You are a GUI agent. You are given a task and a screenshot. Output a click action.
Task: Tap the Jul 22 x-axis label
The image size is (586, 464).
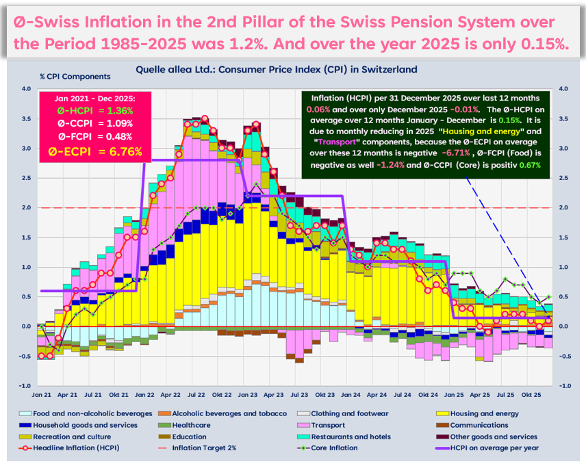(x=196, y=396)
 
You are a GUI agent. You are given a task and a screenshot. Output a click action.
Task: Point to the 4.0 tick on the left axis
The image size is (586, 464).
(x=25, y=89)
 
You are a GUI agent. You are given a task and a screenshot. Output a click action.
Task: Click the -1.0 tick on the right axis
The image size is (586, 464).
(x=565, y=386)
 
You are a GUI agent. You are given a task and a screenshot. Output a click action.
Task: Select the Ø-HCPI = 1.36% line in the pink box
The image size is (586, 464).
(x=96, y=109)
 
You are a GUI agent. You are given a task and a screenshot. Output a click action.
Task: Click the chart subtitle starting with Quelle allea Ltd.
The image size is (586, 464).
(x=277, y=70)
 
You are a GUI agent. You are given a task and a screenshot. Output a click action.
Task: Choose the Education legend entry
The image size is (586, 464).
(x=192, y=436)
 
